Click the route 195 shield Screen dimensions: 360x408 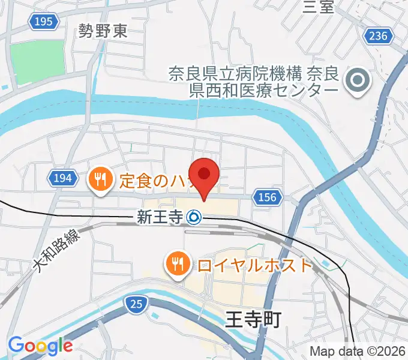44,22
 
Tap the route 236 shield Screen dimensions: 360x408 379,37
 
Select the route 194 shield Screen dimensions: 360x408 62,178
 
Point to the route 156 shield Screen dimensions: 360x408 268,197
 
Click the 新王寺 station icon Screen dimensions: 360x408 194,217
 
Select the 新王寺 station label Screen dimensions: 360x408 160,217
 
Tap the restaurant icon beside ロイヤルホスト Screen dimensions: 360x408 178,263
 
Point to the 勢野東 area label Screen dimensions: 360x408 103,31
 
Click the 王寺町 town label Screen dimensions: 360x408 253,320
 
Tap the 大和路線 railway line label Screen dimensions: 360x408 56,250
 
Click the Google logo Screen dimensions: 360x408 40,346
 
